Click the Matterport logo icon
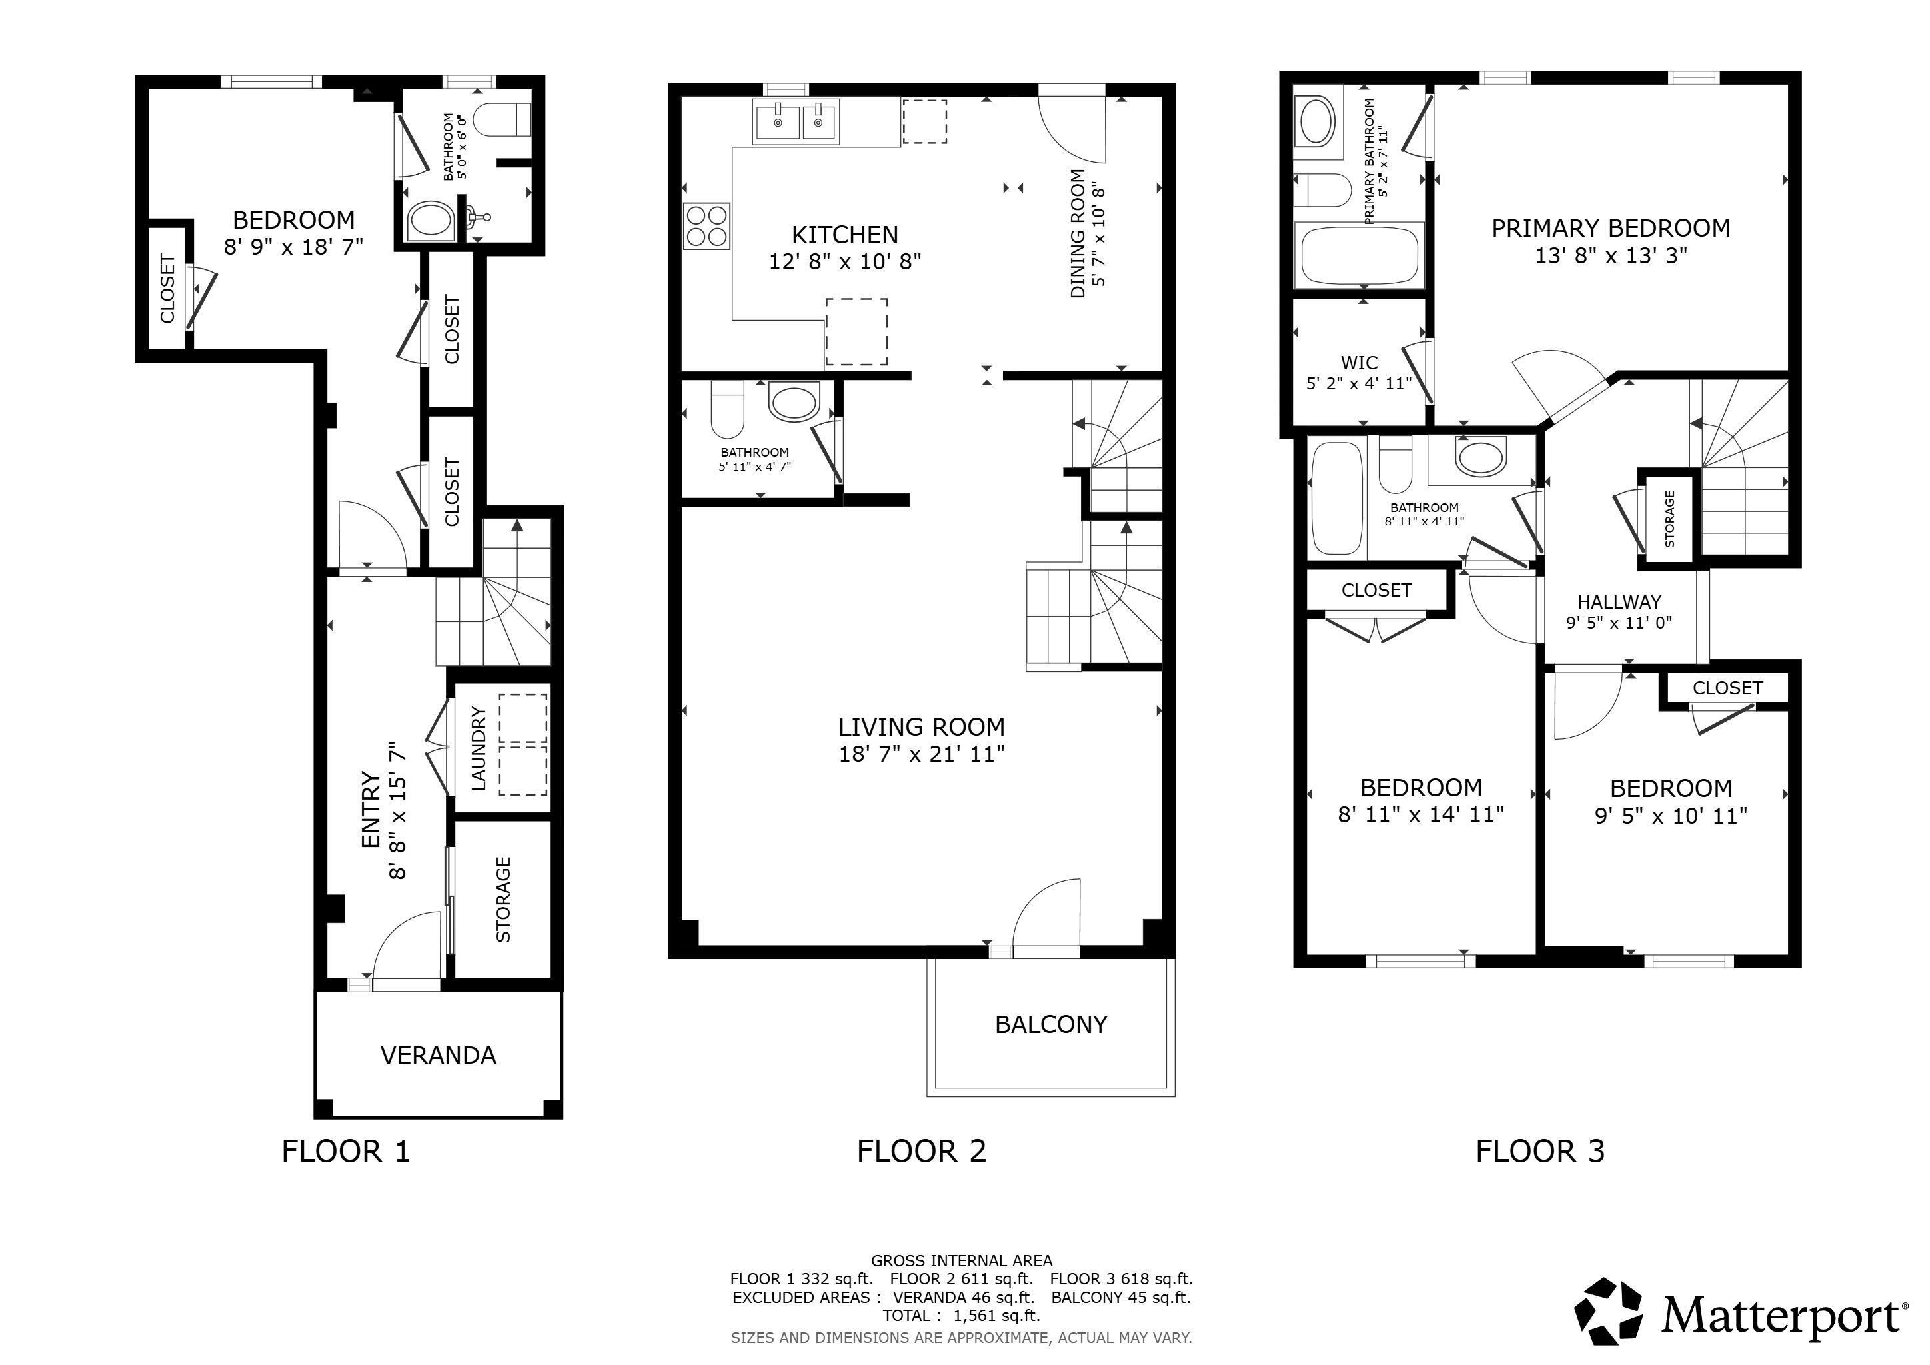(1608, 1310)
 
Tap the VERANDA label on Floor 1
(438, 1055)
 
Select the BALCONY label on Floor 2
(1051, 1024)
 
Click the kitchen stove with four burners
(707, 226)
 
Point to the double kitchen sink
(795, 122)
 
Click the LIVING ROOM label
(921, 727)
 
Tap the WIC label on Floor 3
(1360, 363)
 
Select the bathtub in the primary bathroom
(1360, 255)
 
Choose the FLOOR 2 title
(921, 1150)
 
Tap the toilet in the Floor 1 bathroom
(502, 119)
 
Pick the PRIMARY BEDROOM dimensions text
(1611, 255)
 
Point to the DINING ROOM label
(1078, 234)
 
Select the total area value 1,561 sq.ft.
(996, 1316)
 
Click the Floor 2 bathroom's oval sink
(794, 402)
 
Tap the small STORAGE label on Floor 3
(1669, 519)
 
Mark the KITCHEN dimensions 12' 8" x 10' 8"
(845, 261)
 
